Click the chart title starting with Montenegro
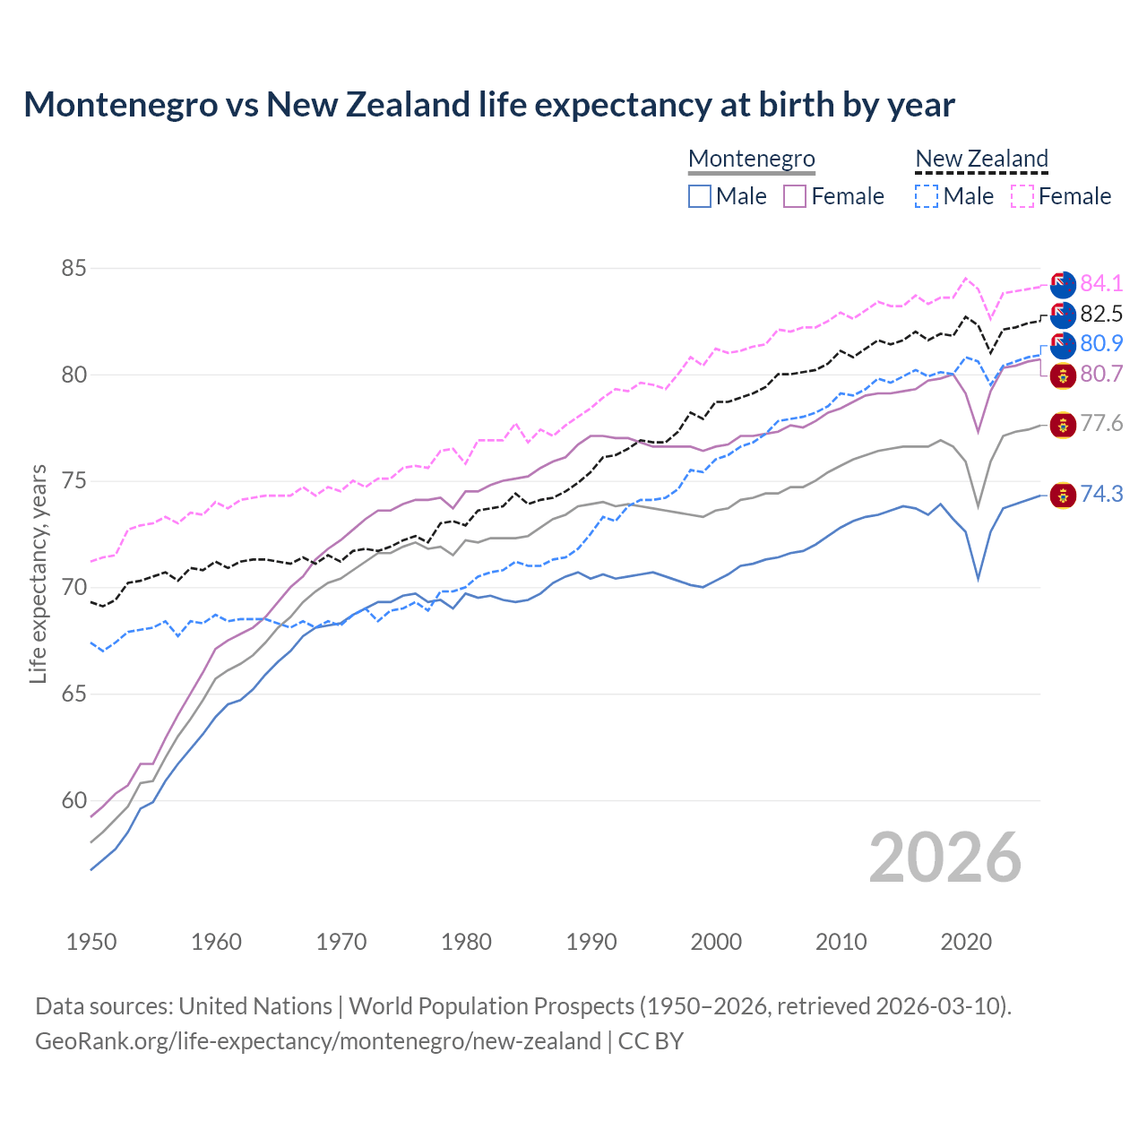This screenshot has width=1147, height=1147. coord(489,105)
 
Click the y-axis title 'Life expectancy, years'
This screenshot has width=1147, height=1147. coord(38,573)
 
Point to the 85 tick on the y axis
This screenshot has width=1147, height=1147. coord(74,268)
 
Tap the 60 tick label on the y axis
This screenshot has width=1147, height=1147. coord(74,800)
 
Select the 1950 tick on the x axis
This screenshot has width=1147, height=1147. coord(91,942)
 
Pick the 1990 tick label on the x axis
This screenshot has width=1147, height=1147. coord(591,942)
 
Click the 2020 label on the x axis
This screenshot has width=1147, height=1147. coord(966,942)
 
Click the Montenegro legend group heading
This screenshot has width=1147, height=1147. coord(751,160)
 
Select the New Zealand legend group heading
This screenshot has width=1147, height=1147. coord(981,160)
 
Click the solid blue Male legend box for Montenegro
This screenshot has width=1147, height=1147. coord(700,196)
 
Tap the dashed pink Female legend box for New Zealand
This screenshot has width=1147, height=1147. coord(1022,196)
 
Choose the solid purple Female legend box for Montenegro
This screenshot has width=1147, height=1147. coord(795,196)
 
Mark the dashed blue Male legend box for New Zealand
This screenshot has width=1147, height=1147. coord(927,196)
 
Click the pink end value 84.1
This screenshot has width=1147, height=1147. coord(1101,283)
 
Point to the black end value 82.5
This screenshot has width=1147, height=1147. coord(1101,314)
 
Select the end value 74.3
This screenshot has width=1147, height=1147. coord(1101,495)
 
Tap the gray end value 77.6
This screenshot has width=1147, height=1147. coord(1101,423)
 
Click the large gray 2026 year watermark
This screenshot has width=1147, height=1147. coord(944,858)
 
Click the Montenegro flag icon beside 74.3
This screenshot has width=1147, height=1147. coord(1063,495)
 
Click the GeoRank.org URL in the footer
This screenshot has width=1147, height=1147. coord(318,1041)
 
